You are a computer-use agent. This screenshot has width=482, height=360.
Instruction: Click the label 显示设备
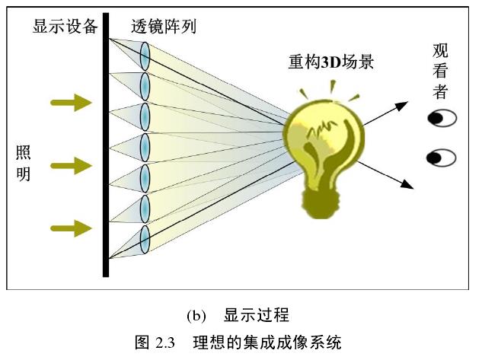[65, 27]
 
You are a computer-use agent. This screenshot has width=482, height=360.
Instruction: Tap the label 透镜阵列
[163, 27]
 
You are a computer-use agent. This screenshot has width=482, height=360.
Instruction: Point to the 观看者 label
[440, 72]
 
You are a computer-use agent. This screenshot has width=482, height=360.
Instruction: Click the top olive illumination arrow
[72, 103]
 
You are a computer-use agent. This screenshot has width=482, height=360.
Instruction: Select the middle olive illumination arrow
[72, 164]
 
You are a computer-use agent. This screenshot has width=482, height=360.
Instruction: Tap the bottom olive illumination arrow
[72, 226]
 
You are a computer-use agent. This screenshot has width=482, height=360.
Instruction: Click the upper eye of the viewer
[442, 118]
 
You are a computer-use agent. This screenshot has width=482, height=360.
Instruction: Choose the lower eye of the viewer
[442, 158]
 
